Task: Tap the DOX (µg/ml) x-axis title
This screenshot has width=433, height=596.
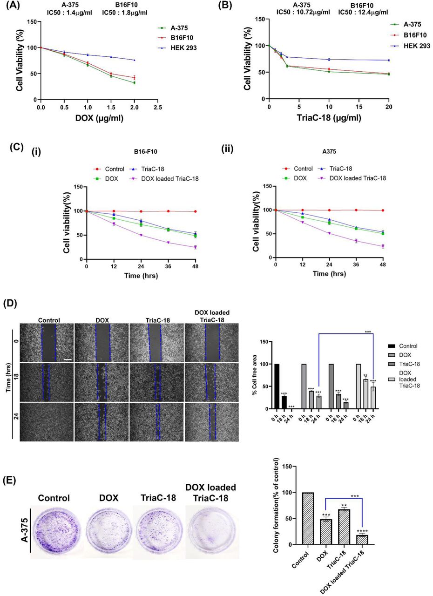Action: (x=99, y=118)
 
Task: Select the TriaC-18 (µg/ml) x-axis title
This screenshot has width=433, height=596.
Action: (x=329, y=118)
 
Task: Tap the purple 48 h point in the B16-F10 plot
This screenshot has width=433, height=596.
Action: (x=196, y=247)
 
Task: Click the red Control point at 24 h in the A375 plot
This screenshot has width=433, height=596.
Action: (x=330, y=210)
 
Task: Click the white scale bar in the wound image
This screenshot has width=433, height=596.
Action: (x=67, y=359)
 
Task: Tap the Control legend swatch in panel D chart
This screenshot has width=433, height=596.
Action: (x=393, y=346)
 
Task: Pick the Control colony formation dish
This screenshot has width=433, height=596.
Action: (x=54, y=530)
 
